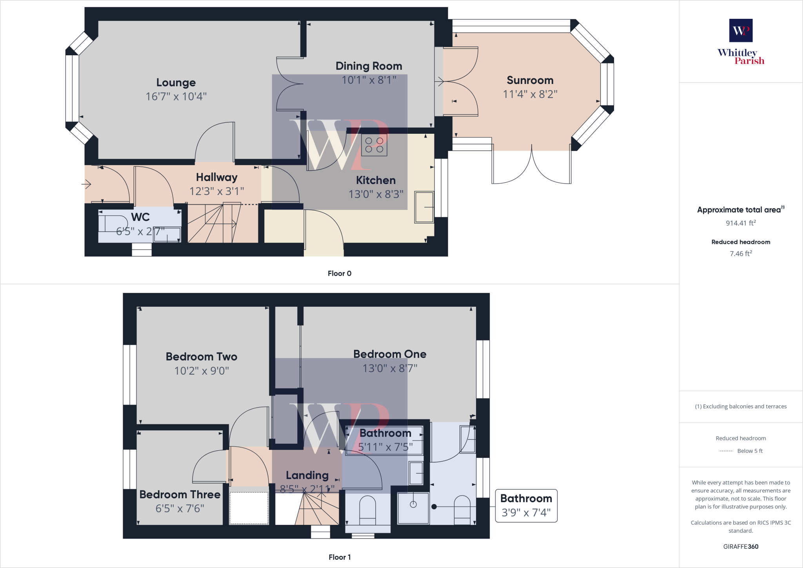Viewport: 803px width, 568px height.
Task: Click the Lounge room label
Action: tap(176, 82)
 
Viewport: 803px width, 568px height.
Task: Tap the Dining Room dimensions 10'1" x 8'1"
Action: tap(369, 80)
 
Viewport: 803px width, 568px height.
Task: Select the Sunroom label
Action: tap(530, 80)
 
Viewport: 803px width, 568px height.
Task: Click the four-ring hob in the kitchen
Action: tap(374, 145)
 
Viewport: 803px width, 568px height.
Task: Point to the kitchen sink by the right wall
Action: tap(424, 207)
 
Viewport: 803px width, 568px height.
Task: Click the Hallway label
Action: tap(217, 177)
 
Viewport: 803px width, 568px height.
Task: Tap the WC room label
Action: tap(140, 217)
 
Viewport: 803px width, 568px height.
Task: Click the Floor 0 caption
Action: tap(340, 273)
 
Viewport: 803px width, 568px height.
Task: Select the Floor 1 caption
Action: tap(340, 557)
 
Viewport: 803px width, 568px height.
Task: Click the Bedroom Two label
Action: tap(202, 357)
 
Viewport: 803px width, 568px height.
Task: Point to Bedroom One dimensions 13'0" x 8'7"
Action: tap(390, 368)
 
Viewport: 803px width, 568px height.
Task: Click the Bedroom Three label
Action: tap(180, 494)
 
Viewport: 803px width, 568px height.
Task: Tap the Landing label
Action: tap(307, 475)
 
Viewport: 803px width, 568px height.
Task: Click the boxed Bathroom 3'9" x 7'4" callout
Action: tap(526, 506)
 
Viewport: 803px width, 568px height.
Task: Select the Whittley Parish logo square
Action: tap(741, 30)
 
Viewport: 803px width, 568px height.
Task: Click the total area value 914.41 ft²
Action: tap(741, 223)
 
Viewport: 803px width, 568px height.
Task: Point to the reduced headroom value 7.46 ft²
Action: tap(741, 253)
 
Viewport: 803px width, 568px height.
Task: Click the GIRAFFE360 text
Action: tap(741, 546)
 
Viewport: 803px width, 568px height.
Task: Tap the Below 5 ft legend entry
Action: tap(741, 451)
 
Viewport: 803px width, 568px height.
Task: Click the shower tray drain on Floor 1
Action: tap(413, 504)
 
